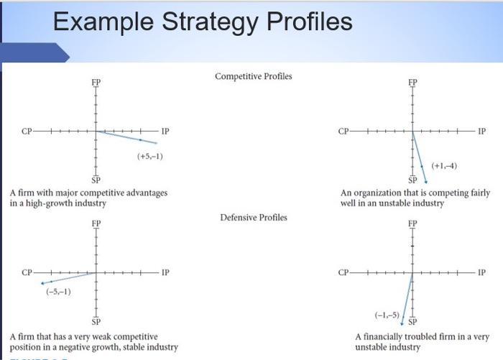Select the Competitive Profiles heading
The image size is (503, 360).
click(253, 76)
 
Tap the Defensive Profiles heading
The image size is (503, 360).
click(253, 217)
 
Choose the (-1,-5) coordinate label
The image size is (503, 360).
click(387, 313)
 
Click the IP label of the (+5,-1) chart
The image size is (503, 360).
click(166, 131)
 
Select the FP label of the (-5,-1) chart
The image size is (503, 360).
click(96, 223)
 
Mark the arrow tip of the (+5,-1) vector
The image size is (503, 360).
click(141, 139)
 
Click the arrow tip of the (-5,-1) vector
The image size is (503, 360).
click(42, 283)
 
